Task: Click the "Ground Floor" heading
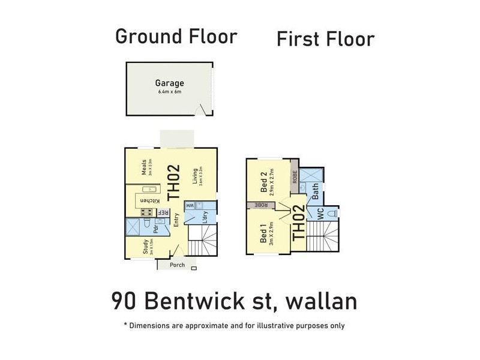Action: (x=176, y=36)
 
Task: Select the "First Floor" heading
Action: (x=325, y=39)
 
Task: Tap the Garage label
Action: (x=170, y=83)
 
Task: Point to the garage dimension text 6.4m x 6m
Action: (x=170, y=92)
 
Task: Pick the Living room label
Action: (x=196, y=175)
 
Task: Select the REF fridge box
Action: (x=163, y=212)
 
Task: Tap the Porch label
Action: (x=178, y=265)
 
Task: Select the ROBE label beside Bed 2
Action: (x=295, y=177)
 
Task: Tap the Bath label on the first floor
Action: (x=316, y=191)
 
